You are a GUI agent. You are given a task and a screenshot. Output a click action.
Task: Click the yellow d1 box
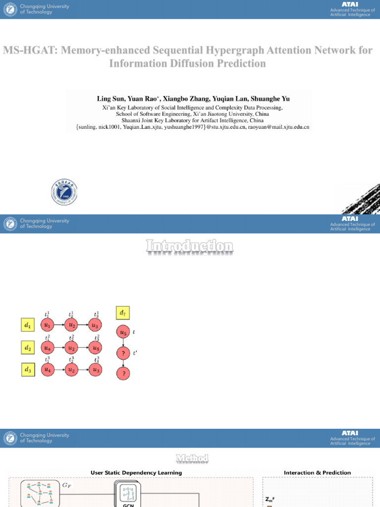[28, 325]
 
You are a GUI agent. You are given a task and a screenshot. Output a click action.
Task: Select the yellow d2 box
[28, 348]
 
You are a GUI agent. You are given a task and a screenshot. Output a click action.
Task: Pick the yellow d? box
[123, 312]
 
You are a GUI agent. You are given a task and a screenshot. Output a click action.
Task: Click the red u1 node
[48, 325]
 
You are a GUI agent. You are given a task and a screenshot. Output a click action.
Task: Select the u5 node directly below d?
[123, 332]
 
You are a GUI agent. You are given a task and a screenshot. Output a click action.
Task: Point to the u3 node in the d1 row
[96, 325]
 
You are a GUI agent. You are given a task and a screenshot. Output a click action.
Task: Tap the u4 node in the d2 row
[48, 348]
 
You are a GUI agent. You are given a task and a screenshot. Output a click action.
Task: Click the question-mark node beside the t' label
[123, 353]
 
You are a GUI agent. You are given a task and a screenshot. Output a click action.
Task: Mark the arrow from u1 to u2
[60, 325]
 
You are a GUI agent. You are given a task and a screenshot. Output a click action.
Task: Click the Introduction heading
[190, 246]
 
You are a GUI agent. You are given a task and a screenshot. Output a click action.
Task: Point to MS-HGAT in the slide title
[28, 51]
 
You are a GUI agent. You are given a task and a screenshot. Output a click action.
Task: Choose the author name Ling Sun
[110, 99]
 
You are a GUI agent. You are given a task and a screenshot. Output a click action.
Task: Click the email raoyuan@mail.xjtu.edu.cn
[280, 127]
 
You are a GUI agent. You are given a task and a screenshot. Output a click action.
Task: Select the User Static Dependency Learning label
[136, 473]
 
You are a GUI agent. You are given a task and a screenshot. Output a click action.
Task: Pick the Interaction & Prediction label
[317, 473]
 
